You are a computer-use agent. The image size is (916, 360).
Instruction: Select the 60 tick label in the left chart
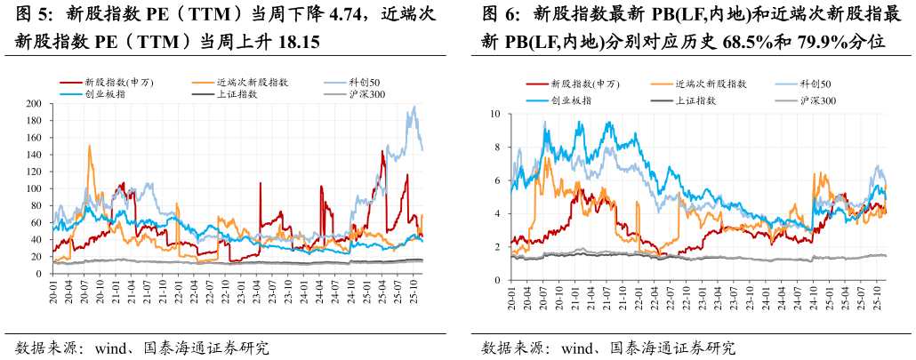[x=36, y=223]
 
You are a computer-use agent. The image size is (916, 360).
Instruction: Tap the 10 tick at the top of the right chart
[x=495, y=114]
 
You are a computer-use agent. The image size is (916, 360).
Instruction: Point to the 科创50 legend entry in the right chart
[x=815, y=84]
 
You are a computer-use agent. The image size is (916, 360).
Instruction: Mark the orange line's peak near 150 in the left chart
[x=90, y=146]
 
